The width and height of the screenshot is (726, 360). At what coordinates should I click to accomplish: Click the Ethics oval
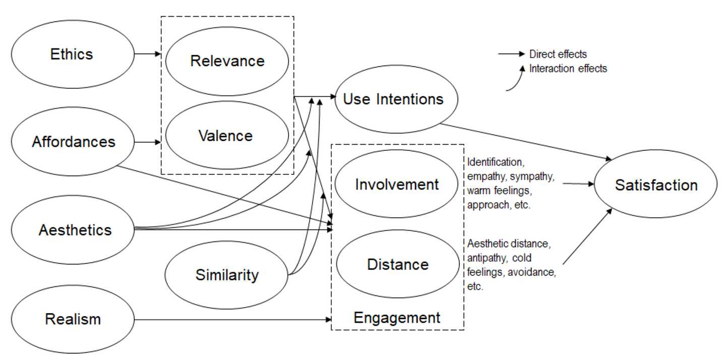(72, 54)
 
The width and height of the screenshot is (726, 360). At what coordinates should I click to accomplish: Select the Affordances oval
(74, 142)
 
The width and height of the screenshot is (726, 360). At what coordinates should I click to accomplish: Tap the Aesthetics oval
(75, 230)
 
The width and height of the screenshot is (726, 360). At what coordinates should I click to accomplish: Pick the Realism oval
(73, 319)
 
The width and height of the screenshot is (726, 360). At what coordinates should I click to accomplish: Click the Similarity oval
(227, 275)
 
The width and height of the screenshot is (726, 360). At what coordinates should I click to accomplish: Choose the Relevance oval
(227, 61)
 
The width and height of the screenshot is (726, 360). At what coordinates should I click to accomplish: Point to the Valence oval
(225, 136)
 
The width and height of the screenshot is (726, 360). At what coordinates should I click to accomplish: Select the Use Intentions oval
(393, 99)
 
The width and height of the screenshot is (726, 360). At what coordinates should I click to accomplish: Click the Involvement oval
(397, 185)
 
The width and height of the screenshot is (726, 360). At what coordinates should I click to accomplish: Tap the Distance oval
(398, 264)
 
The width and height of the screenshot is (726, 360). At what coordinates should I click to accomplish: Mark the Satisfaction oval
(656, 185)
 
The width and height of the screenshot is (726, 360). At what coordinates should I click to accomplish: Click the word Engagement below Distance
(397, 318)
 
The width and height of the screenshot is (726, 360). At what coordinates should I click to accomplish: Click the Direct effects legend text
(558, 54)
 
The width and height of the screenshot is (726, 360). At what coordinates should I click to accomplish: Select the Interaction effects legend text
(568, 69)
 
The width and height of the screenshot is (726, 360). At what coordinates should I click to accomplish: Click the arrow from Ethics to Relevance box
(148, 53)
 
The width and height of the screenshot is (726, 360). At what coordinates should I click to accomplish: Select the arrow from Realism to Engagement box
(232, 319)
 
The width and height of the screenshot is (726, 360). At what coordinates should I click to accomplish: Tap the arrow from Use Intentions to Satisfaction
(524, 141)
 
